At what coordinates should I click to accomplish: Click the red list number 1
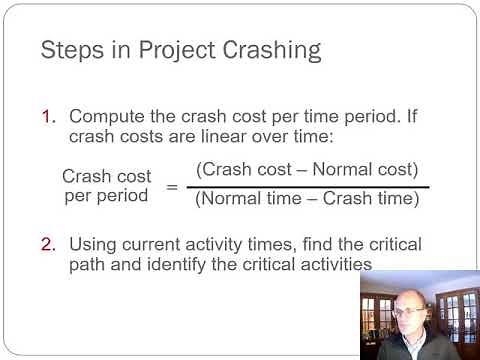click(48, 118)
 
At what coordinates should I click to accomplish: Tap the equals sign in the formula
click(171, 187)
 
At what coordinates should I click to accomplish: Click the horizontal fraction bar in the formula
click(308, 187)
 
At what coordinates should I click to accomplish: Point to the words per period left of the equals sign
click(105, 195)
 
